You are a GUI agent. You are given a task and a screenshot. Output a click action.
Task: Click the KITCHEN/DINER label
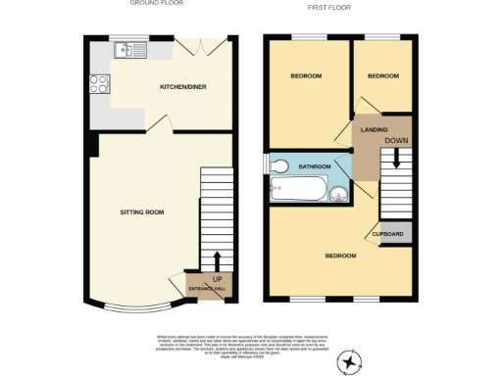pos(181,87)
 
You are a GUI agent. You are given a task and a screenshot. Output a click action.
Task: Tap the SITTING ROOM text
pos(141,211)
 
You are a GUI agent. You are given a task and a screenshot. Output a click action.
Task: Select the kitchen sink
pos(127,52)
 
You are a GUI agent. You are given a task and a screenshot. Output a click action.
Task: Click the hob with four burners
pos(99,84)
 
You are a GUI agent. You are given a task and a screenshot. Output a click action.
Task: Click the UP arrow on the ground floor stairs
pos(215,260)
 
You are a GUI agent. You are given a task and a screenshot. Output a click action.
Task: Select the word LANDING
pos(374,129)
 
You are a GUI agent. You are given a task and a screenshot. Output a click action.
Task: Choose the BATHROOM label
pos(315,165)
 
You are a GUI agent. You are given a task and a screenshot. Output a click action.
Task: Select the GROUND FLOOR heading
pos(157,4)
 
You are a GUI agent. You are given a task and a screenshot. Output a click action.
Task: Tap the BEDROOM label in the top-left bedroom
pos(306,75)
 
